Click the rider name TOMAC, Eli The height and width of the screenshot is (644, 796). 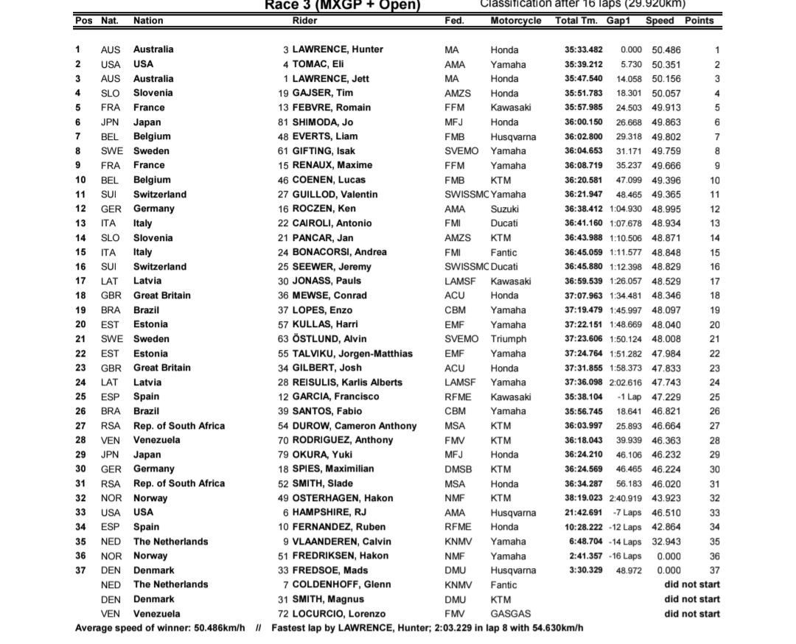pyautogui.click(x=318, y=64)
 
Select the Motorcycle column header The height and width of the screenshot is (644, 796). pyautogui.click(x=515, y=21)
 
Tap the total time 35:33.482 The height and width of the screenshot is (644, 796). pyautogui.click(x=583, y=50)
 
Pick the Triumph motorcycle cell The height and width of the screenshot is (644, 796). pyautogui.click(x=509, y=339)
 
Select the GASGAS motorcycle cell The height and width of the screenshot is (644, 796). pyautogui.click(x=510, y=614)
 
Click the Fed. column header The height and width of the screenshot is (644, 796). pyautogui.click(x=454, y=21)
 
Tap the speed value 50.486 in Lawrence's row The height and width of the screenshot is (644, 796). pyautogui.click(x=663, y=50)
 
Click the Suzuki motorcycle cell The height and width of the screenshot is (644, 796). pyautogui.click(x=505, y=209)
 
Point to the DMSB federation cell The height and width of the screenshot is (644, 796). pyautogui.click(x=458, y=469)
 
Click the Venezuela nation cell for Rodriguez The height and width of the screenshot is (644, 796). pyautogui.click(x=156, y=440)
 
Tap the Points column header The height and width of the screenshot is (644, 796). pyautogui.click(x=699, y=21)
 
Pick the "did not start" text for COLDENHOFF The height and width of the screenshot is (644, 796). pyautogui.click(x=691, y=584)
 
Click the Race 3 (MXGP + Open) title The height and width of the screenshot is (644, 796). pyautogui.click(x=343, y=5)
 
